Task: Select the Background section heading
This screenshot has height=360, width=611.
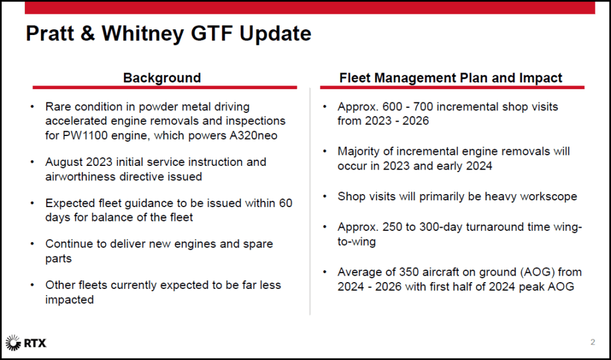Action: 162,78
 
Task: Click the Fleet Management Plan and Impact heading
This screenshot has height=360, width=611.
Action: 451,78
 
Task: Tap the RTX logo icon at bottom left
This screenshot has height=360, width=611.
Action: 12,343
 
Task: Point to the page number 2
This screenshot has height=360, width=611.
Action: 592,342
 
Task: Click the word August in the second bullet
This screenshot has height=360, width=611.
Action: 65,162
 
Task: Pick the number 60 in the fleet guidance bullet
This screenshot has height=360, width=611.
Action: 286,203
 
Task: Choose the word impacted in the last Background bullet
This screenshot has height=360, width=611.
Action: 69,299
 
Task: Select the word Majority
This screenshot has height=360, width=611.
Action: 360,151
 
